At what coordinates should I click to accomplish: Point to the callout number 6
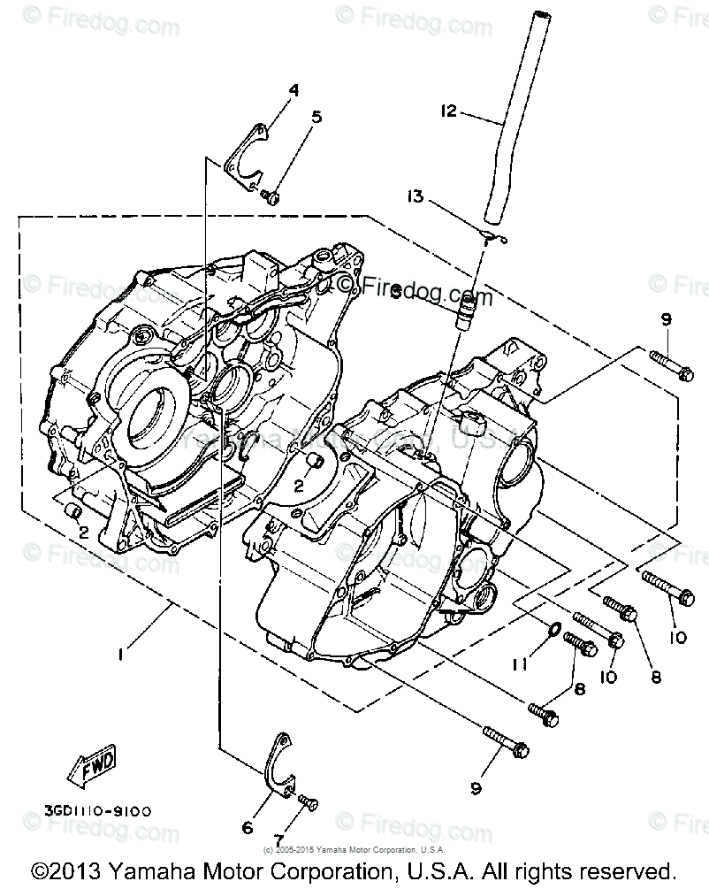coord(248,828)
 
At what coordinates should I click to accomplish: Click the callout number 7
coord(278,839)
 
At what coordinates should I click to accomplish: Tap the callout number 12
coord(448,111)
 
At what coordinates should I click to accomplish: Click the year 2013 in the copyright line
coord(85,870)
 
